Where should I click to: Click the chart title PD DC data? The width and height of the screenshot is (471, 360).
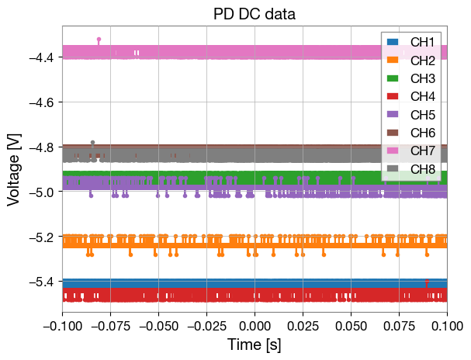(x=255, y=14)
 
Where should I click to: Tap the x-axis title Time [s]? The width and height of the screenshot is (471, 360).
(x=255, y=344)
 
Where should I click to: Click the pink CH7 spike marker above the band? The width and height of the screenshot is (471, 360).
(x=99, y=39)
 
